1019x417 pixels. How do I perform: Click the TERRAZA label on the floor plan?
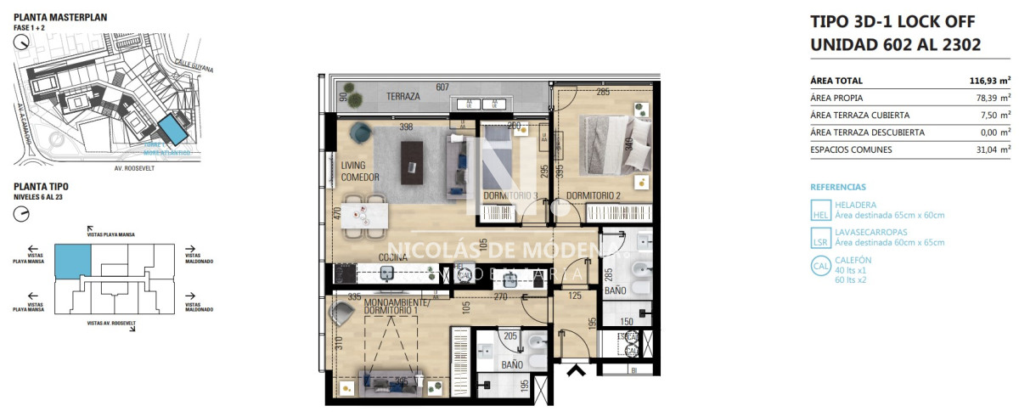[x=403, y=96]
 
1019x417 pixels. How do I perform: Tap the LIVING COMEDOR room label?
[x=360, y=172]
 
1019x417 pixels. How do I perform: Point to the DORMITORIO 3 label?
[x=510, y=196]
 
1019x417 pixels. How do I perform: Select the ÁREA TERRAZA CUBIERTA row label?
[x=860, y=115]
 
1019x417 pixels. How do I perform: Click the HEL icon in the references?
[x=821, y=210]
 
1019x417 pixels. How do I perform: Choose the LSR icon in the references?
[x=821, y=237]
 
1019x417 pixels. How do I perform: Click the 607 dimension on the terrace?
[x=442, y=87]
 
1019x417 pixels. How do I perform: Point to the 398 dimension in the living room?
[x=407, y=127]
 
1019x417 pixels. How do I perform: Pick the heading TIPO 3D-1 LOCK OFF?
[x=892, y=22]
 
